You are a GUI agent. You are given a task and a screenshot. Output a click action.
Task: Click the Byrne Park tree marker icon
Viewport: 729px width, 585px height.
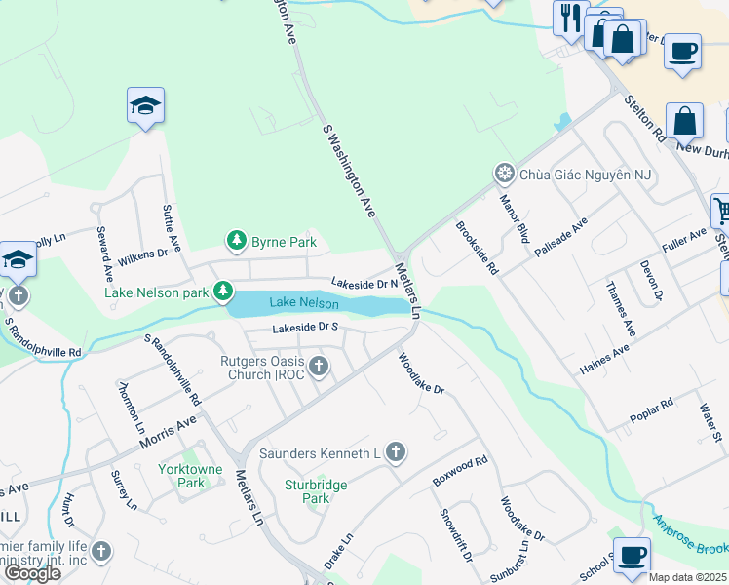coord(236,240)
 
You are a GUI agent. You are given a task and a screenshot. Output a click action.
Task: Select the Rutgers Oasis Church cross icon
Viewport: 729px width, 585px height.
coord(319,367)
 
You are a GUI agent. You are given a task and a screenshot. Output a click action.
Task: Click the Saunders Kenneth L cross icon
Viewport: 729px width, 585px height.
coord(395,452)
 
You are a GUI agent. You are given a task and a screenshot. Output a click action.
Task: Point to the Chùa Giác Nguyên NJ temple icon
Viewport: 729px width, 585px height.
coord(504,175)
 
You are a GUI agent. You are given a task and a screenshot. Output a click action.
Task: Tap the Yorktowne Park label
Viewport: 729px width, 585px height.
coord(182,475)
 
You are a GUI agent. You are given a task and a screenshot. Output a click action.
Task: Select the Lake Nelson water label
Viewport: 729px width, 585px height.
coord(304,303)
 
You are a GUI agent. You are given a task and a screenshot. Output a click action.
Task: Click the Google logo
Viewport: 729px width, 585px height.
coord(32,573)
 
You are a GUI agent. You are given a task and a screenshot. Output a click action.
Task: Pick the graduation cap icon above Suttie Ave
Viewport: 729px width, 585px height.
coord(145,105)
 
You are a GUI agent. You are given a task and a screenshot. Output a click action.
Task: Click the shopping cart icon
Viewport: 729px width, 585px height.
coord(721,210)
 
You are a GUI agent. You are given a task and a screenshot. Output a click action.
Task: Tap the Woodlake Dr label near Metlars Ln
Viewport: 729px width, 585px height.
coord(421,373)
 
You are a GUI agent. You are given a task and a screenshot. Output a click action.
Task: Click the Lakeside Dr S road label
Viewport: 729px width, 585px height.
coord(304,328)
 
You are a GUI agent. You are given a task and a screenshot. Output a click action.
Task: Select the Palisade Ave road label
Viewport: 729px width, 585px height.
coord(561,237)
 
